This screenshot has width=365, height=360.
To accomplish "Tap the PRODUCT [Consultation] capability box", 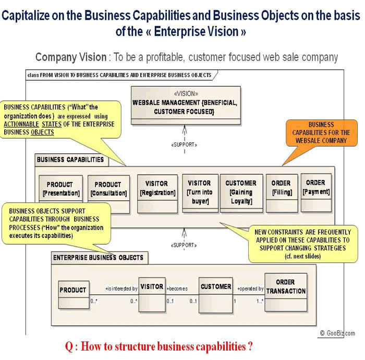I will pyautogui.click(x=107, y=193).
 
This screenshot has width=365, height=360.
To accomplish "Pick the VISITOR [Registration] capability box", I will pyautogui.click(x=157, y=193).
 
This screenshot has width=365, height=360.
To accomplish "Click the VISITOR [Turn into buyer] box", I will pyautogui.click(x=199, y=193).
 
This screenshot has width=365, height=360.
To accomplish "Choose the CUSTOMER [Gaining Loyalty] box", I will pyautogui.click(x=241, y=193).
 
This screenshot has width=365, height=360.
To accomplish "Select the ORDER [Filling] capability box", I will pyautogui.click(x=281, y=193).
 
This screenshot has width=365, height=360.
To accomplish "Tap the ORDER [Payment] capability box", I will pyautogui.click(x=316, y=192).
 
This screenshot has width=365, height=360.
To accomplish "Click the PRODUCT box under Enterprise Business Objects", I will pyautogui.click(x=74, y=295).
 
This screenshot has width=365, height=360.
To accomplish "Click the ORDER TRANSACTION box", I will pyautogui.click(x=286, y=292).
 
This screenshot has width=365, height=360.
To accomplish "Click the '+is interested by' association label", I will pyautogui.click(x=121, y=289).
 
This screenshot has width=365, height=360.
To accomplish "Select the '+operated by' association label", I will pyautogui.click(x=250, y=289).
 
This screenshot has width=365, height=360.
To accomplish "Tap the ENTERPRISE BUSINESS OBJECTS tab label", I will pyautogui.click(x=98, y=258).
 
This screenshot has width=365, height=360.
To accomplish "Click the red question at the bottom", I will pyautogui.click(x=159, y=347).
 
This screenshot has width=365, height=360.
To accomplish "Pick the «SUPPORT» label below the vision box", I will pyautogui.click(x=185, y=145).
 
